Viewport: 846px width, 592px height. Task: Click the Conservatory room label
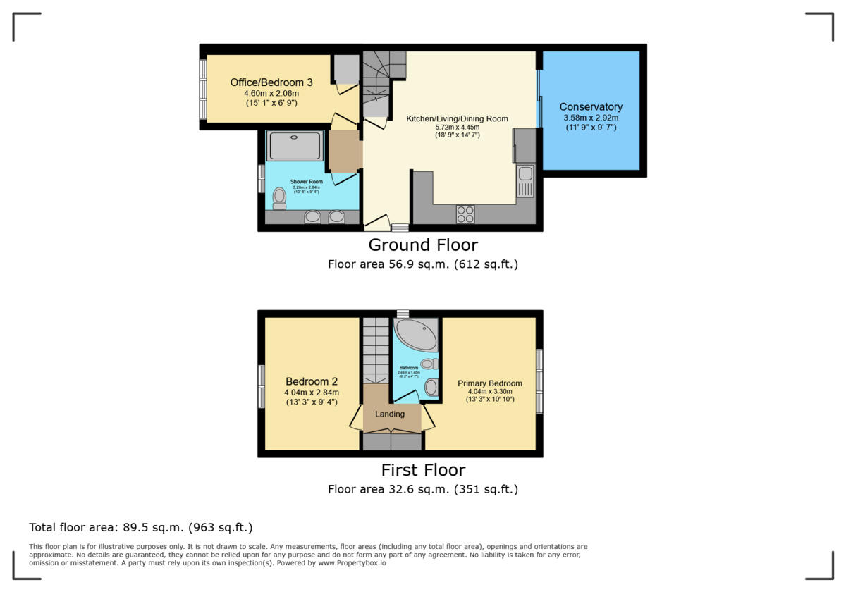(591, 107)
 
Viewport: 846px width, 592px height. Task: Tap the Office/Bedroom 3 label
(271, 82)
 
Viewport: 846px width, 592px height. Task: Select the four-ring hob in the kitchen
(465, 214)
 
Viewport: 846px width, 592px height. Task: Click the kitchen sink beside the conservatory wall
(525, 180)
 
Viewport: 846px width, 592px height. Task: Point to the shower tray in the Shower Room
(295, 146)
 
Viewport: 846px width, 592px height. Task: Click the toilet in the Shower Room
(279, 198)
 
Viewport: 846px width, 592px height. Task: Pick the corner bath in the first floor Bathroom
(415, 335)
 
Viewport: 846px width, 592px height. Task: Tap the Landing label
(390, 414)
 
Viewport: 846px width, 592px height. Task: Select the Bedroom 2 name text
(312, 381)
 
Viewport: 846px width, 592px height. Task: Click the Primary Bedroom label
(490, 383)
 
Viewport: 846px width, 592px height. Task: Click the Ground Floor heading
(423, 245)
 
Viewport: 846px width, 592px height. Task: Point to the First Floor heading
(423, 470)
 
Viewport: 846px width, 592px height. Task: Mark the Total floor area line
(141, 527)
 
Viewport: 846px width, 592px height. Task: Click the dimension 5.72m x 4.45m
(457, 127)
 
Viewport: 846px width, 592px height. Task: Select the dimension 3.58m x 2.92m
(591, 118)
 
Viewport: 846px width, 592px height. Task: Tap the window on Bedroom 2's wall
(261, 386)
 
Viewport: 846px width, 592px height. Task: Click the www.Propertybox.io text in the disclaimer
(351, 563)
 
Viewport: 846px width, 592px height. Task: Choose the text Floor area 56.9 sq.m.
(388, 264)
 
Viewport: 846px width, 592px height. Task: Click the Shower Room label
(307, 181)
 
